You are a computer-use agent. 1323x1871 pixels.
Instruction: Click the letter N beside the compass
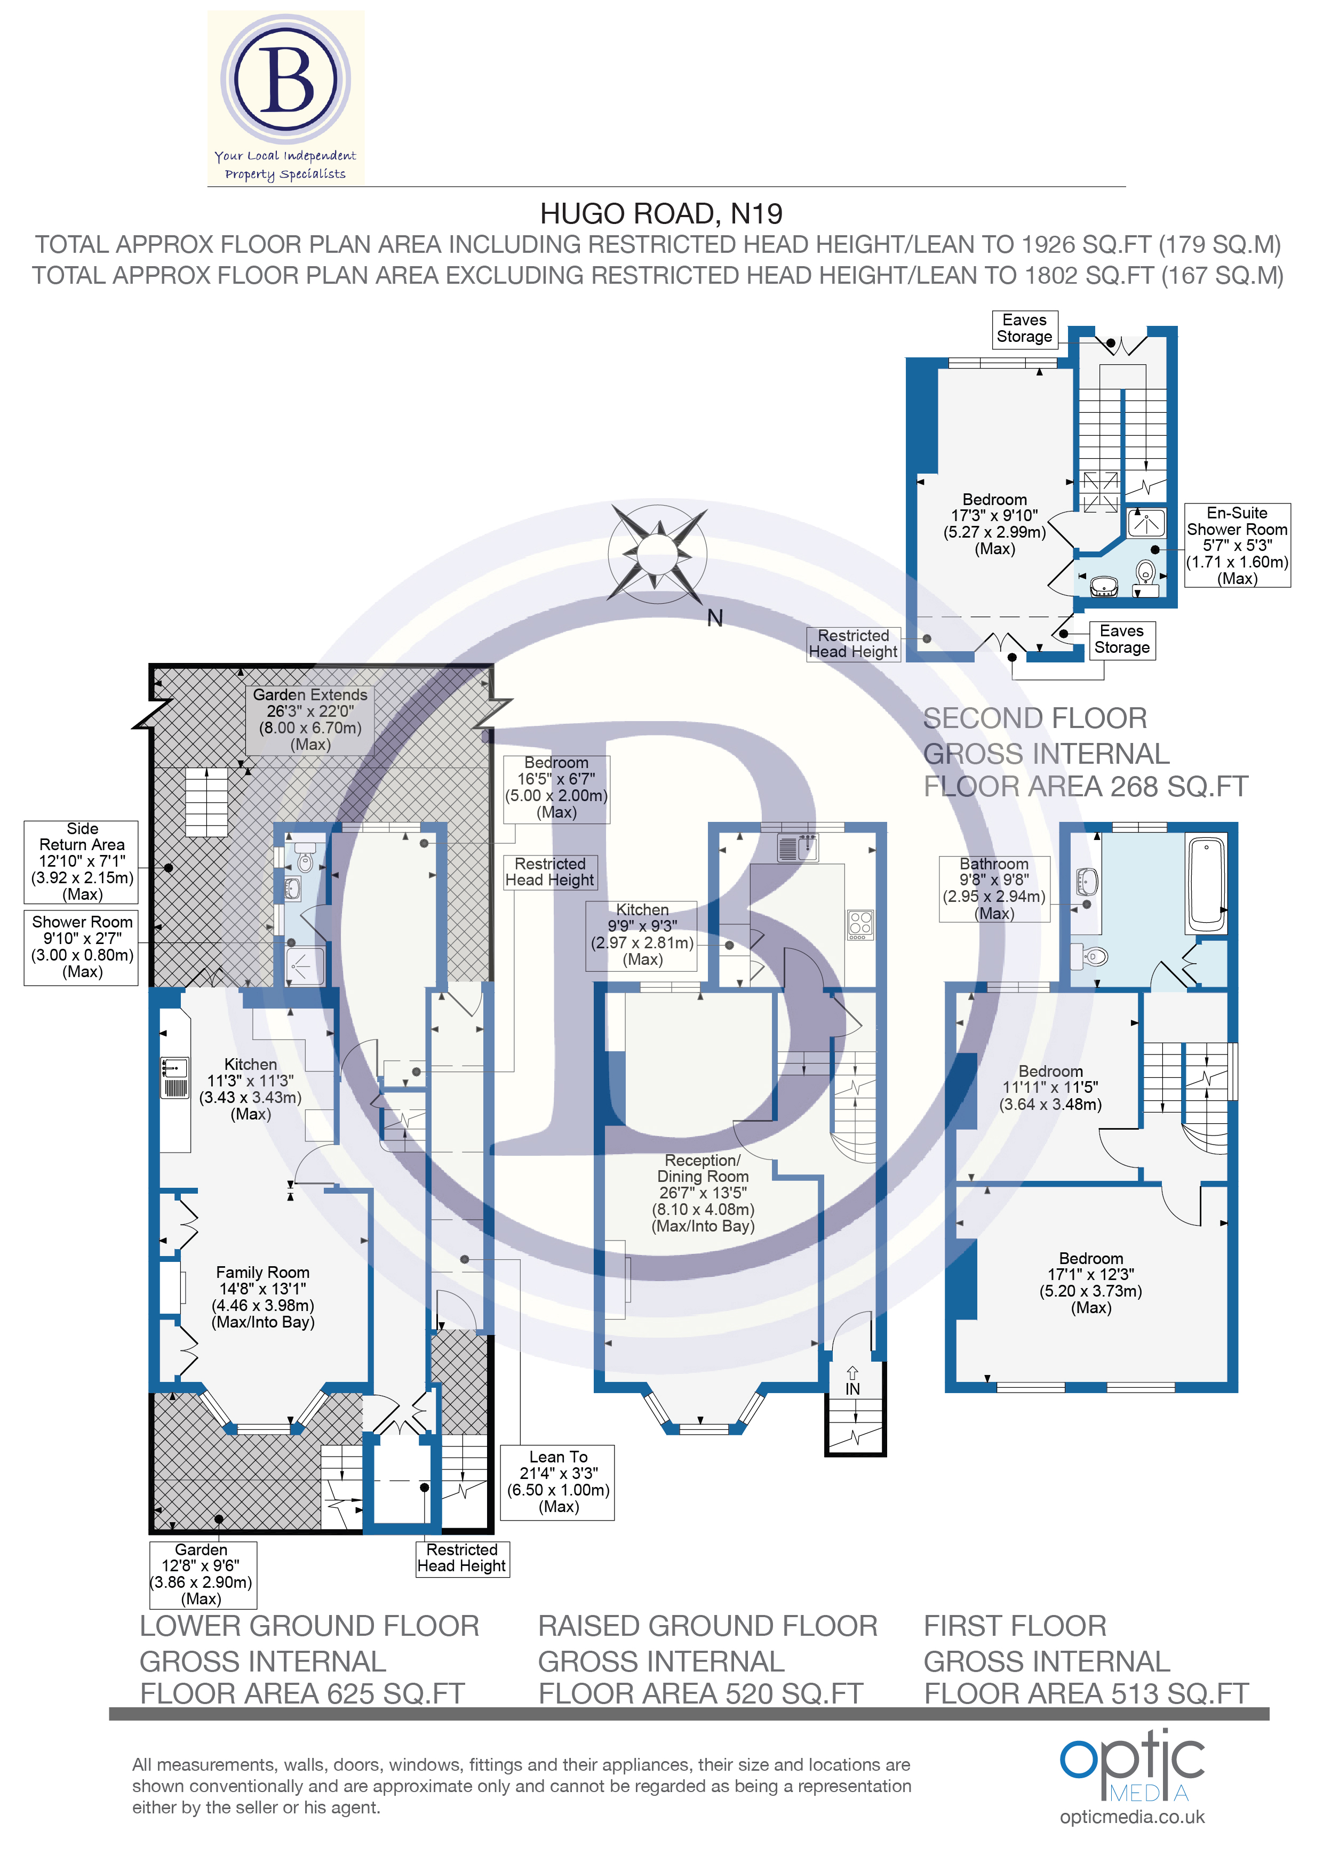715,619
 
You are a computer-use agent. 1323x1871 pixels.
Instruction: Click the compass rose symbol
657,554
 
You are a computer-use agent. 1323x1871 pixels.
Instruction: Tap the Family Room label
262,1297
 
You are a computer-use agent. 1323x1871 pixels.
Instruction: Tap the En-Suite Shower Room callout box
1237,545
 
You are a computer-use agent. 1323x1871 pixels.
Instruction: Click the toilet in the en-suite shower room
1146,572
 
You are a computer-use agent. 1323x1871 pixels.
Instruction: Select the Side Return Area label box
82,861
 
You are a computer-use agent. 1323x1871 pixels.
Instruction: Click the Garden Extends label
310,719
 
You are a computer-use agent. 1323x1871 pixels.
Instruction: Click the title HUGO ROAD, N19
661,213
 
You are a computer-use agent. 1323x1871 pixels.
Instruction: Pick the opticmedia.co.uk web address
1131,1817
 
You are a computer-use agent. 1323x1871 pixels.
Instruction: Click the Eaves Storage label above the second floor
1025,329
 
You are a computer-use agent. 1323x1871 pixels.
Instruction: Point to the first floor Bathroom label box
994,888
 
